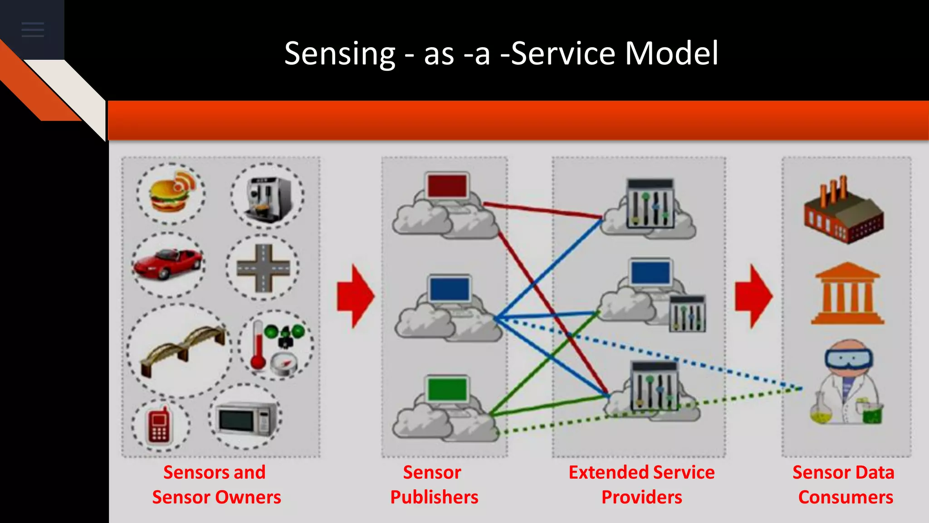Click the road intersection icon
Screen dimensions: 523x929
click(263, 268)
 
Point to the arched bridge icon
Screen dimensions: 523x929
click(181, 350)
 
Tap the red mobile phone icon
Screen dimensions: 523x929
click(159, 426)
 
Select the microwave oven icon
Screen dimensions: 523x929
click(246, 419)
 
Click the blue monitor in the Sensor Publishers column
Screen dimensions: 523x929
click(449, 289)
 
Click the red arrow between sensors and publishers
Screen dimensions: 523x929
click(356, 296)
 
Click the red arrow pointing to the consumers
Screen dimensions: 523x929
click(753, 296)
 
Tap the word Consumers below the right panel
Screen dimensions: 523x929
click(846, 498)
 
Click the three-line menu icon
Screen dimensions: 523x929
click(33, 30)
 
